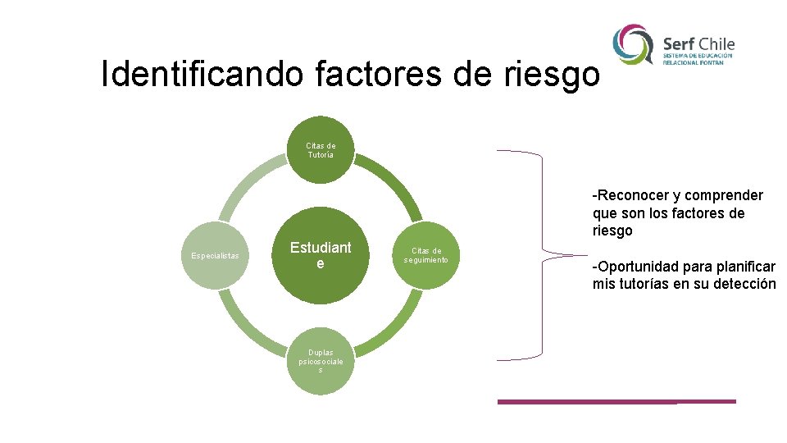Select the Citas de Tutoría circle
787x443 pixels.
click(x=321, y=150)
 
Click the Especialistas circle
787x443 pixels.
click(x=215, y=255)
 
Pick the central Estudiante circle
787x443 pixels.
click(x=321, y=255)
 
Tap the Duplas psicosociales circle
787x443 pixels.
click(x=321, y=361)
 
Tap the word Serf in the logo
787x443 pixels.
click(x=680, y=43)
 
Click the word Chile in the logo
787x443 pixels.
click(x=717, y=43)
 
